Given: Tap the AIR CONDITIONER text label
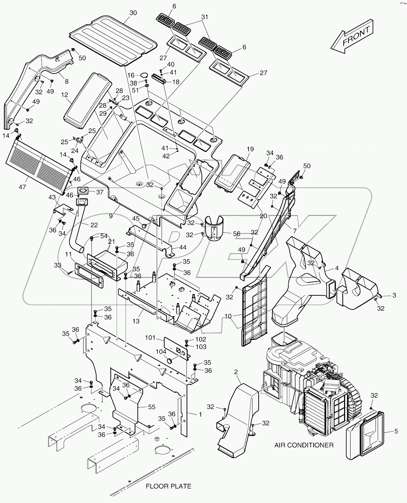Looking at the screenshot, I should [x=304, y=445].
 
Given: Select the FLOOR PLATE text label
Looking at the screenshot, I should [x=168, y=486].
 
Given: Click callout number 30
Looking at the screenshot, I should [x=133, y=13].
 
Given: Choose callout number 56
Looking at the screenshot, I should [x=237, y=234].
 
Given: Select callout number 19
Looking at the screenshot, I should [x=250, y=149].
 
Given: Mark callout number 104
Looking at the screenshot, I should [x=161, y=352].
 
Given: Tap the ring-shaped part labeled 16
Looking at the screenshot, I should [x=144, y=75].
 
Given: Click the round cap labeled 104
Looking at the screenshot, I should [x=169, y=360].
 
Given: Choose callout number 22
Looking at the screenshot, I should [x=94, y=225].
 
